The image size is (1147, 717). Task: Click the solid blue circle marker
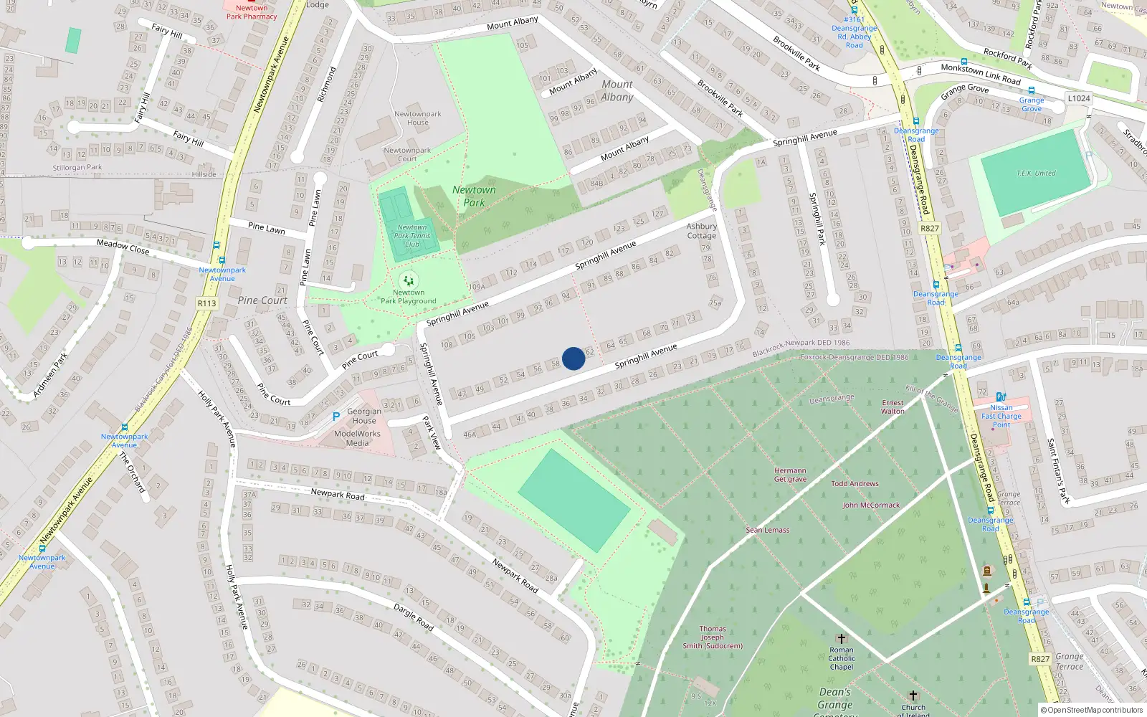[x=573, y=358]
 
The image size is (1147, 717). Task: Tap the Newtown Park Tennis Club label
[x=412, y=236]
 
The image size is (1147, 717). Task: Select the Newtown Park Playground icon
[x=409, y=280]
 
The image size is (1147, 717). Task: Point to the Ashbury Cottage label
[x=701, y=231]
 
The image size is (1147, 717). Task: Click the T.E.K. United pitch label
[x=1036, y=174]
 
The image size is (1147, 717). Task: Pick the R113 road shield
[x=206, y=303]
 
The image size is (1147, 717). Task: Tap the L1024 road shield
[x=1078, y=99]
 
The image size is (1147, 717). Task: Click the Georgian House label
[x=364, y=416]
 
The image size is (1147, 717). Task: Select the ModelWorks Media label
[x=357, y=438]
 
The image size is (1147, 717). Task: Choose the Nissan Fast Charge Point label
[x=1001, y=416]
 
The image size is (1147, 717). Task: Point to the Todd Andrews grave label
[x=855, y=484]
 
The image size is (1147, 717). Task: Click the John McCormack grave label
[x=871, y=505]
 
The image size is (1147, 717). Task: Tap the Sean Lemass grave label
[x=767, y=531]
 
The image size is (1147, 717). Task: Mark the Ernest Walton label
[x=893, y=407]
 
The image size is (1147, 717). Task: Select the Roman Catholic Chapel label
[x=842, y=658]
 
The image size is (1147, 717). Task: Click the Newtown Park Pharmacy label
[x=252, y=12]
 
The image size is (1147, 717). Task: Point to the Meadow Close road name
[x=123, y=247]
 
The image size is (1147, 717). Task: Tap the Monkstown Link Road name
[x=980, y=73]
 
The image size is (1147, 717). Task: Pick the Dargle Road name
[x=414, y=617]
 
